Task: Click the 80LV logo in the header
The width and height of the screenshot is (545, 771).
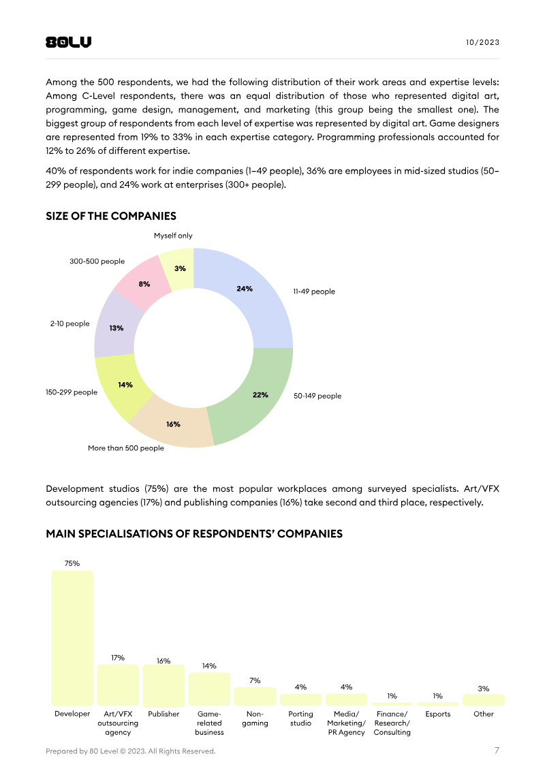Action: click(68, 42)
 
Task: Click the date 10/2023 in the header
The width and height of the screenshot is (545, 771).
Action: click(482, 42)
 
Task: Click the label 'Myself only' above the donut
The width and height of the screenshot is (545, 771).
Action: click(173, 236)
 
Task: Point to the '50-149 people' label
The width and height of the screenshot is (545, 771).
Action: click(317, 396)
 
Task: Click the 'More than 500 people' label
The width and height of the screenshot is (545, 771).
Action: click(126, 448)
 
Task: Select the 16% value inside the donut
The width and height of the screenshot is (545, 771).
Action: click(173, 424)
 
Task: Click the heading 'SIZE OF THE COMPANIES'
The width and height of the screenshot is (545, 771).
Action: click(111, 216)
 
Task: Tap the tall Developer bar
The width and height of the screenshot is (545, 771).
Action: click(72, 638)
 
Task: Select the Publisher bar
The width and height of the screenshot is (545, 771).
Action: click(163, 685)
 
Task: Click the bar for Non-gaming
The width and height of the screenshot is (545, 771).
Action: click(255, 696)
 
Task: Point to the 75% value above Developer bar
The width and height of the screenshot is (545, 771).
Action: click(72, 563)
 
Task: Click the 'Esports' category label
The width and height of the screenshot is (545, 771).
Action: click(437, 714)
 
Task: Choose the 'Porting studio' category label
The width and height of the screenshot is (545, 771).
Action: click(300, 719)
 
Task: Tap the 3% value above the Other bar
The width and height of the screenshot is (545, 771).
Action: click(483, 689)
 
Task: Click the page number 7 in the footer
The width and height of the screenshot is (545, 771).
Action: click(497, 751)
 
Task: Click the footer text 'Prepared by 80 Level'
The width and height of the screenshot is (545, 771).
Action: click(130, 751)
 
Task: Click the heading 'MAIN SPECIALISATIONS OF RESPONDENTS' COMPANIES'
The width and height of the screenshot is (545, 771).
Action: click(194, 533)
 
